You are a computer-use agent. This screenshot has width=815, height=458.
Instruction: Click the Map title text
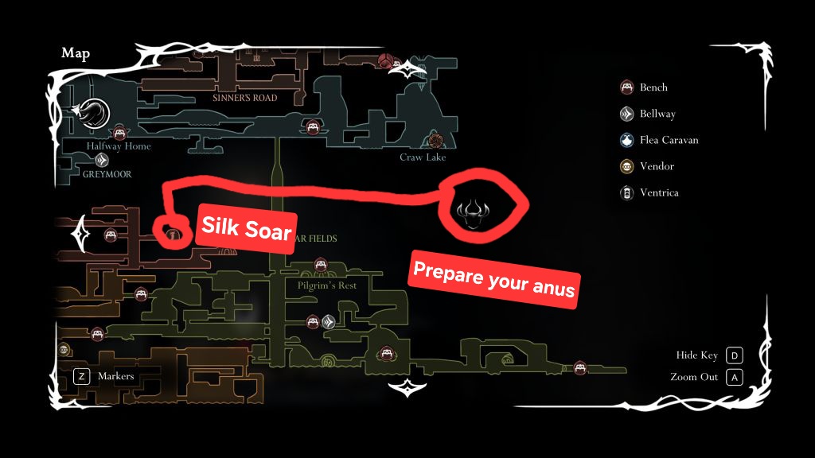coord(76,53)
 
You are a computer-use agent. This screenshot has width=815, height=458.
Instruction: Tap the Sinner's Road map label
coord(244,98)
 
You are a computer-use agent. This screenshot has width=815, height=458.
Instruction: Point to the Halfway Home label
coord(119,146)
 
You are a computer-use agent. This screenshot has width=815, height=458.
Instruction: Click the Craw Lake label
coord(423,157)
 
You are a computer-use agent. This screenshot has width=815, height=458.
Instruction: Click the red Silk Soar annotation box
coord(246,226)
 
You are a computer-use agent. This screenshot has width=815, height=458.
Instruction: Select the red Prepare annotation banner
coord(493,281)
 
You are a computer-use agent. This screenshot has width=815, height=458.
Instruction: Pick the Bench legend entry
coord(653,87)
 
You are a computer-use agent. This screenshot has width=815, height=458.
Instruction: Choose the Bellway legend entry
coord(657,114)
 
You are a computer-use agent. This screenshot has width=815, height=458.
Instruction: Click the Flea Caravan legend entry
coord(668,140)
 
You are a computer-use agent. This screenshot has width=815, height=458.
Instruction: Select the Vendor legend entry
coord(656,166)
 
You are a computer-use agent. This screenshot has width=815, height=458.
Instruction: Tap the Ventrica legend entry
coord(658,192)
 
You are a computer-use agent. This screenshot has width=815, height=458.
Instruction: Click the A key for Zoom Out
coord(735,377)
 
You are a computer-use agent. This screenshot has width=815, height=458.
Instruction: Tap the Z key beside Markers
coord(80,376)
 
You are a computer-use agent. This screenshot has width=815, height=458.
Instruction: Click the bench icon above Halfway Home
coord(119,131)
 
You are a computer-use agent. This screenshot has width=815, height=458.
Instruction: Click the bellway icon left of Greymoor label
coord(102,160)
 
